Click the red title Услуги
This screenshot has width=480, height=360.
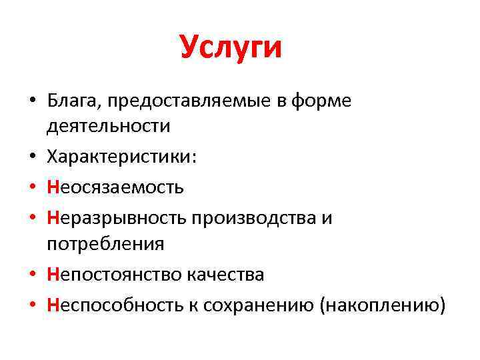[x=231, y=49]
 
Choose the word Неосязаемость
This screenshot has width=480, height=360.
[x=115, y=187]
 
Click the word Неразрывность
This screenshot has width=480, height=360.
[x=116, y=218]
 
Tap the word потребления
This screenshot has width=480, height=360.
[x=105, y=244]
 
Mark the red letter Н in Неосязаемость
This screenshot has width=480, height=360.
[x=53, y=187]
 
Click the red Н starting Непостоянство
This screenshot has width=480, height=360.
[x=53, y=275]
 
